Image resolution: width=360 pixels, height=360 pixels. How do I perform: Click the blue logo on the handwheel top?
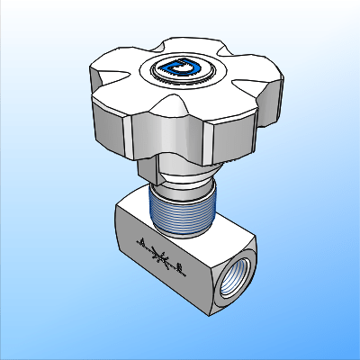(x=186, y=67)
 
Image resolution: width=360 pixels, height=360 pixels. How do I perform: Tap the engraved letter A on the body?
(x=141, y=240)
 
